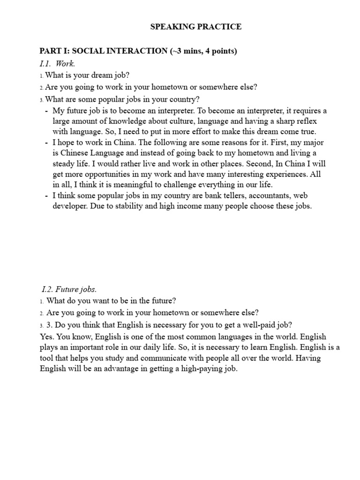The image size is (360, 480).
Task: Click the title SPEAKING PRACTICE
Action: pyautogui.click(x=196, y=27)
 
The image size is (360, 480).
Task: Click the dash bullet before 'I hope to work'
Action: pyautogui.click(x=46, y=142)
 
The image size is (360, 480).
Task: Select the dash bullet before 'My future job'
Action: pyautogui.click(x=46, y=111)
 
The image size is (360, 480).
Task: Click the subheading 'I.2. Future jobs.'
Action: pyautogui.click(x=69, y=289)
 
